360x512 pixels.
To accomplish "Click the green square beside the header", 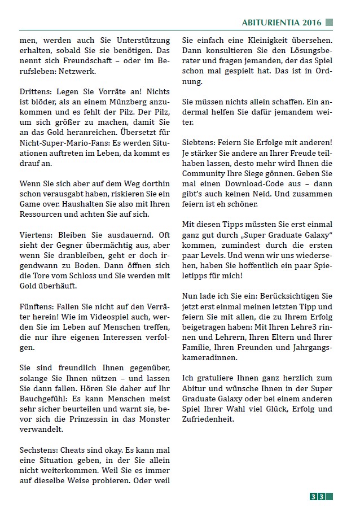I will [x=329, y=23].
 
